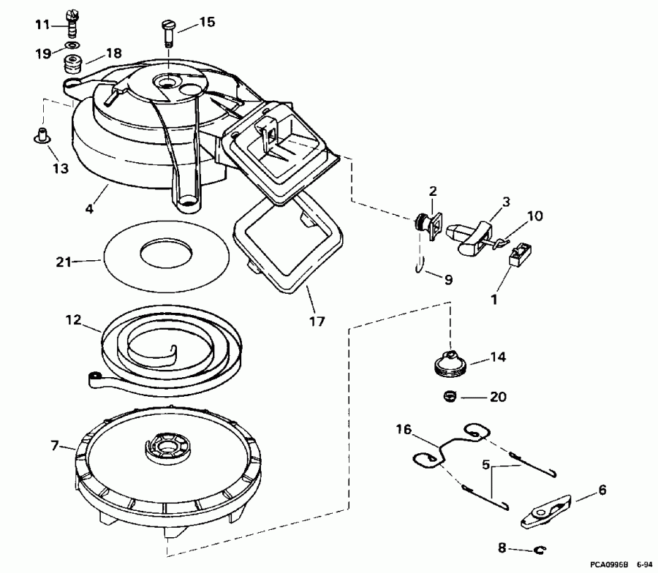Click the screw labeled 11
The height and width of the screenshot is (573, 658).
[x=72, y=24]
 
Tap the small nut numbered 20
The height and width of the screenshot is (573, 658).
[x=450, y=397]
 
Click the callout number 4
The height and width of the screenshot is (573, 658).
[x=88, y=208]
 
